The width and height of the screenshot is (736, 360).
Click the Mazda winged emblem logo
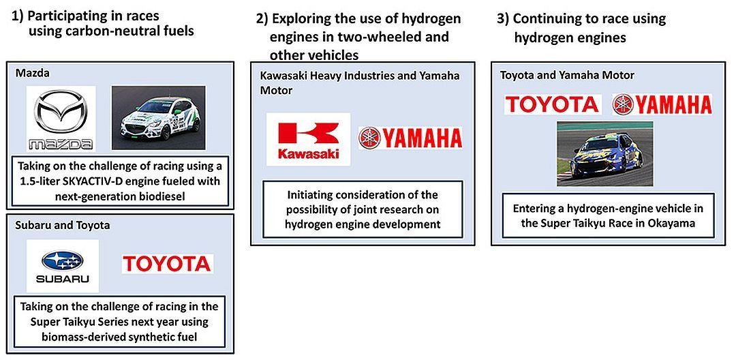tap(61, 118)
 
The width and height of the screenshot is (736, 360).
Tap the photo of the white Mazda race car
tap(158, 117)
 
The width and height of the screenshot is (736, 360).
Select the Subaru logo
tap(63, 266)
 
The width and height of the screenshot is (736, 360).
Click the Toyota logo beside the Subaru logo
tap(168, 263)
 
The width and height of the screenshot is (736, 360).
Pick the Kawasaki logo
tap(309, 139)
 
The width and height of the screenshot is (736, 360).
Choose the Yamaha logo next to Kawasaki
tap(410, 138)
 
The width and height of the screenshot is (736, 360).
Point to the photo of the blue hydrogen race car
tap(604, 153)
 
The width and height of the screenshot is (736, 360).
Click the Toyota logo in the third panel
tap(553, 104)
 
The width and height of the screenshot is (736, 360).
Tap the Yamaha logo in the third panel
tap(662, 104)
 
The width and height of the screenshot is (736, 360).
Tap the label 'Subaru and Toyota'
tap(63, 225)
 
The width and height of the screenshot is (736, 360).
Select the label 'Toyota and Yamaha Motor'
tap(567, 75)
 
